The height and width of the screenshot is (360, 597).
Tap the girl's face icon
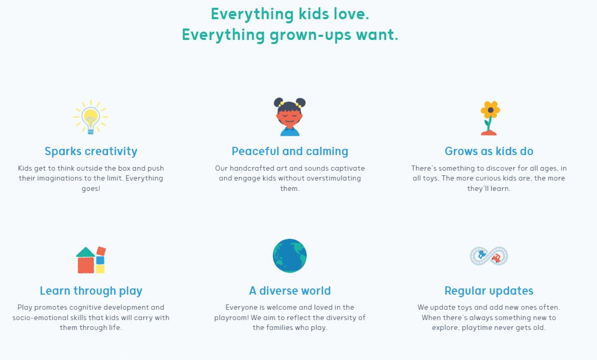tap(290, 116)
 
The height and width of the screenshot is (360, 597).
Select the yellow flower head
tap(491, 110)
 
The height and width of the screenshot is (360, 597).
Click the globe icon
tap(290, 256)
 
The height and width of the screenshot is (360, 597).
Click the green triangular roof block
tap(85, 252)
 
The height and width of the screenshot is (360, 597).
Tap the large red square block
tap(86, 265)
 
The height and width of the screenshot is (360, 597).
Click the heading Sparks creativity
tap(91, 151)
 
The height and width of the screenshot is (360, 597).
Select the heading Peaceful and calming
tap(290, 151)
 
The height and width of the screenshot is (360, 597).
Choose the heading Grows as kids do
tap(489, 151)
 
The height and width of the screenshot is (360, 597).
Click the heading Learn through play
tap(91, 290)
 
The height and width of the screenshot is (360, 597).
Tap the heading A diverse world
tap(290, 290)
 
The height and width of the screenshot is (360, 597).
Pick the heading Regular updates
tap(489, 290)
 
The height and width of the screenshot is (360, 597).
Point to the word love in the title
tap(351, 14)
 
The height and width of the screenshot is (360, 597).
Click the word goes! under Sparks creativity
tap(91, 189)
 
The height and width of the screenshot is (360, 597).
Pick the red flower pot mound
tap(489, 132)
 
